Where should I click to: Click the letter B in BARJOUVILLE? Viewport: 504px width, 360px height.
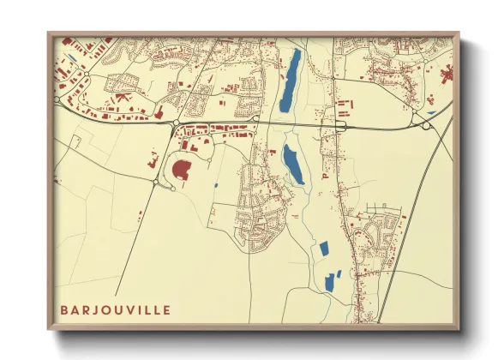click(x=64, y=309)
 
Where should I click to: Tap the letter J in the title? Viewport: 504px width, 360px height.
click(x=100, y=309)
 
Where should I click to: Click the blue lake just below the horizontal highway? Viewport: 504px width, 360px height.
click(x=293, y=164)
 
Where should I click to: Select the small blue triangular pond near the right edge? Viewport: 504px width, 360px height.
click(x=431, y=111)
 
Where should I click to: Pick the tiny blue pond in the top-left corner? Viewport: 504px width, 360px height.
click(x=72, y=58)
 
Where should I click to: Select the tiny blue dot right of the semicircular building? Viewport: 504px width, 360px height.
click(x=216, y=185)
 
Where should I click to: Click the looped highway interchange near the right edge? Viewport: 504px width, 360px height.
click(x=426, y=125)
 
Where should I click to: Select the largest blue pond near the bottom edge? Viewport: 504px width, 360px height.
click(x=328, y=281)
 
